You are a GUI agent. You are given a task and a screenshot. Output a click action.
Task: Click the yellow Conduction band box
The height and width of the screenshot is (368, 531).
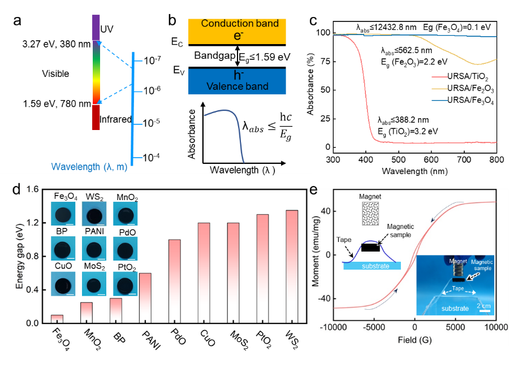coord(237,31)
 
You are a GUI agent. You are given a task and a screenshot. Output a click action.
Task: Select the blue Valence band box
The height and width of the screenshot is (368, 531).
coord(237,81)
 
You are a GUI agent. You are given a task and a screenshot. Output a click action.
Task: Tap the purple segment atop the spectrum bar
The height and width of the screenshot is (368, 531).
coord(96,28)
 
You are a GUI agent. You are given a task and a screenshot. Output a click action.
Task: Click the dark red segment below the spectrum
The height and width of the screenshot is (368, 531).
coord(96,117)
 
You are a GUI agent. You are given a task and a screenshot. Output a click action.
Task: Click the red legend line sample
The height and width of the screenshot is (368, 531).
coord(439,77)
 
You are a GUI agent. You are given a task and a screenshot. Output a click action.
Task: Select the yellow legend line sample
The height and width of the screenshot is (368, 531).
coord(439,89)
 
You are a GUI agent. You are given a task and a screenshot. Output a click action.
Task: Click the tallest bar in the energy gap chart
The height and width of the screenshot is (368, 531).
coord(292,266)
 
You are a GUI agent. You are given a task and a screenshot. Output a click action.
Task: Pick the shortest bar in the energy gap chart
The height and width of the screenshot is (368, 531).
coord(57,319)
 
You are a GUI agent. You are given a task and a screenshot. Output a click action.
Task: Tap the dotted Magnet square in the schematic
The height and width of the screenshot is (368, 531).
coord(371,216)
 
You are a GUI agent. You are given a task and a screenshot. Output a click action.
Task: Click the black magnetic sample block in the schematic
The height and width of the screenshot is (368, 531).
coord(370,247)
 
